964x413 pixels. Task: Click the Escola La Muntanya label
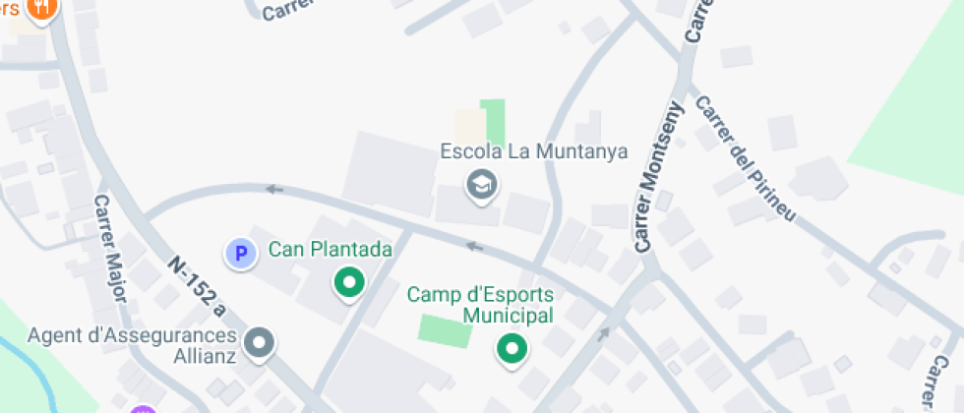(534, 152)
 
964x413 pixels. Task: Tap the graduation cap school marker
(481, 183)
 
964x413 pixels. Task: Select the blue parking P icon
(240, 254)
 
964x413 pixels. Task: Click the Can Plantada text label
(331, 249)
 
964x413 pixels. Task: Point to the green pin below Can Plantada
(349, 283)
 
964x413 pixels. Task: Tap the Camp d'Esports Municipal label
(481, 305)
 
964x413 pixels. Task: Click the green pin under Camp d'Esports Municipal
(511, 348)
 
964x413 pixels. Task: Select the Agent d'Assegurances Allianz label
(133, 344)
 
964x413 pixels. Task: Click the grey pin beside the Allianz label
(260, 342)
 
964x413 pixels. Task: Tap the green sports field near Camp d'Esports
(445, 329)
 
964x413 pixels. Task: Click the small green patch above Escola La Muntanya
(493, 119)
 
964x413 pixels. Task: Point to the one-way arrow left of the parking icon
(274, 189)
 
